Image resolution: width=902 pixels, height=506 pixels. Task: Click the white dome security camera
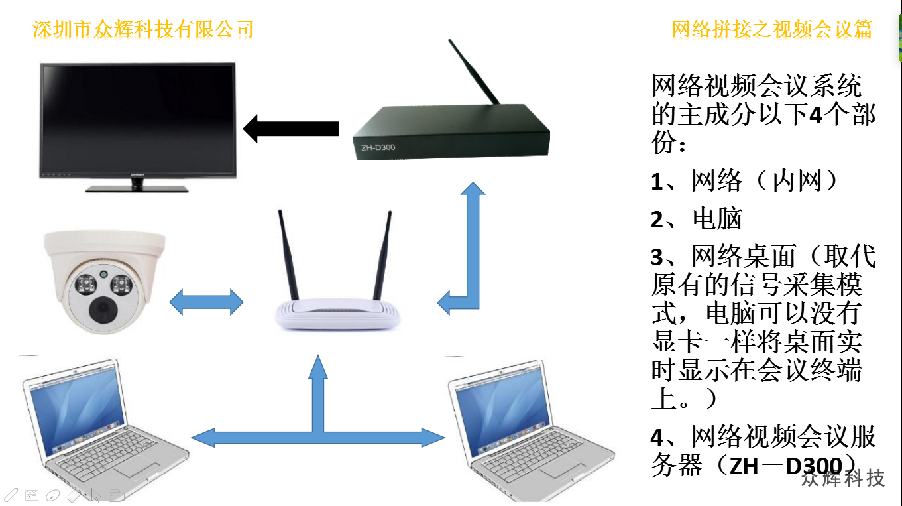coord(103,279)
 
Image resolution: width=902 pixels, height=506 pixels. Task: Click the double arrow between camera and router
coord(206,302)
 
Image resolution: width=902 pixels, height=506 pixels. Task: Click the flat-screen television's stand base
coord(137,188)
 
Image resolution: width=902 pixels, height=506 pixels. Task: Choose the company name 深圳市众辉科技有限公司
coord(142,29)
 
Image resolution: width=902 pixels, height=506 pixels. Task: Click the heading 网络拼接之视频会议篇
coord(771,29)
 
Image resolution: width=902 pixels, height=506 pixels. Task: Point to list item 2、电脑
coord(697,219)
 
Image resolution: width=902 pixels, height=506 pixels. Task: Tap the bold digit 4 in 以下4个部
coord(816,115)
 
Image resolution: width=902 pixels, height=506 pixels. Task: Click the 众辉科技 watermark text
coord(842,478)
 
